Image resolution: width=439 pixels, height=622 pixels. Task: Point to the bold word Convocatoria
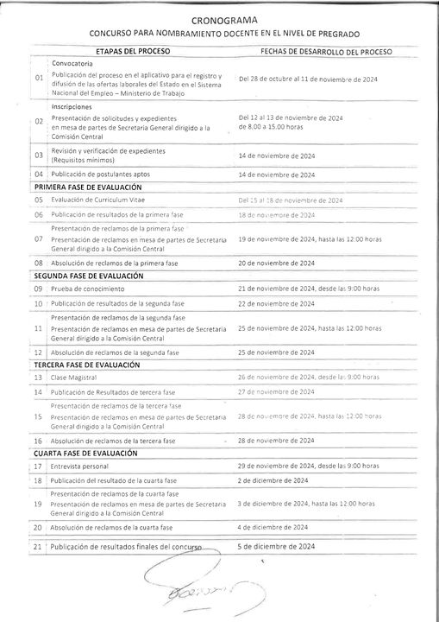tap(72, 64)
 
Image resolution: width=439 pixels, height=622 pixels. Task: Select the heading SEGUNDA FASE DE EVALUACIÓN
tap(88, 276)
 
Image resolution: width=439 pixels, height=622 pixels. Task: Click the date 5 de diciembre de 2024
tap(277, 546)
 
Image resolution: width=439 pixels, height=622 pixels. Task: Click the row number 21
tap(37, 547)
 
